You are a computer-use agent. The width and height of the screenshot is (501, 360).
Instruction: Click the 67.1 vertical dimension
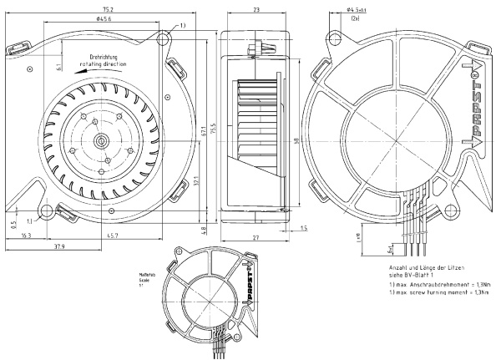[x=202, y=131]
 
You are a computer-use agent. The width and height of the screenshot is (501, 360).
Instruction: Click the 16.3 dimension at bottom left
[x=25, y=236]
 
